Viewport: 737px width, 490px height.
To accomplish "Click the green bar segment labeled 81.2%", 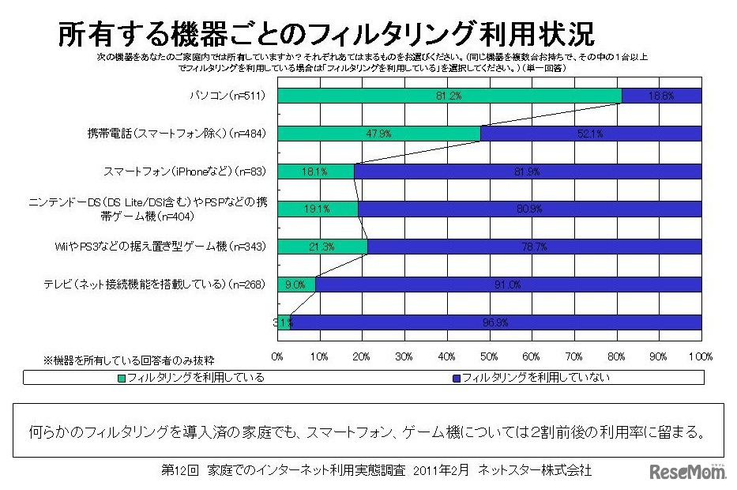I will click(x=449, y=96).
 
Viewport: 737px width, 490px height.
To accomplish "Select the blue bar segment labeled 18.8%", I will click(x=662, y=96).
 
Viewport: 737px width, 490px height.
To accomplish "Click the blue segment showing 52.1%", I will click(x=591, y=134).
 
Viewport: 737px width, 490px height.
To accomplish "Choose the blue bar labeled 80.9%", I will click(x=529, y=209).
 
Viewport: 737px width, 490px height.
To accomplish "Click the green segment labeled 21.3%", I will click(x=322, y=247).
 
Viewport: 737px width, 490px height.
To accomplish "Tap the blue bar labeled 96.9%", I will click(x=496, y=322).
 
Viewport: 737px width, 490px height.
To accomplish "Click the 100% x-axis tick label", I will click(x=701, y=356).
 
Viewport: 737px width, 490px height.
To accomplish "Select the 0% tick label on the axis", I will click(x=278, y=356).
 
